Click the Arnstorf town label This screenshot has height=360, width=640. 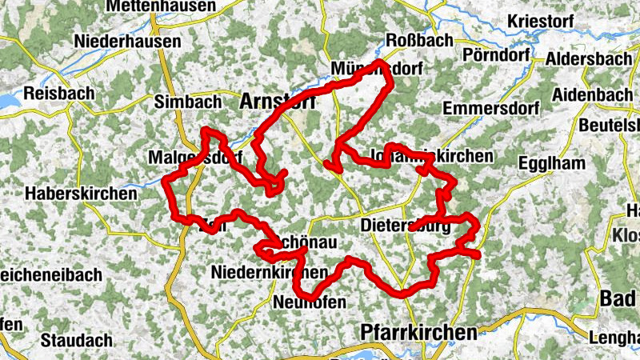[277, 102]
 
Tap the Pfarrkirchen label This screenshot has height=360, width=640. [418, 330]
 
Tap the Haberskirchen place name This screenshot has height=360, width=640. [71, 193]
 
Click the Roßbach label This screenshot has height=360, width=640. [419, 40]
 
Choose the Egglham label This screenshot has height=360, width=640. [552, 163]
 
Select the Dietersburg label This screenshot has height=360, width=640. [407, 226]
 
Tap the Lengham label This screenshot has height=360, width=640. [616, 337]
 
